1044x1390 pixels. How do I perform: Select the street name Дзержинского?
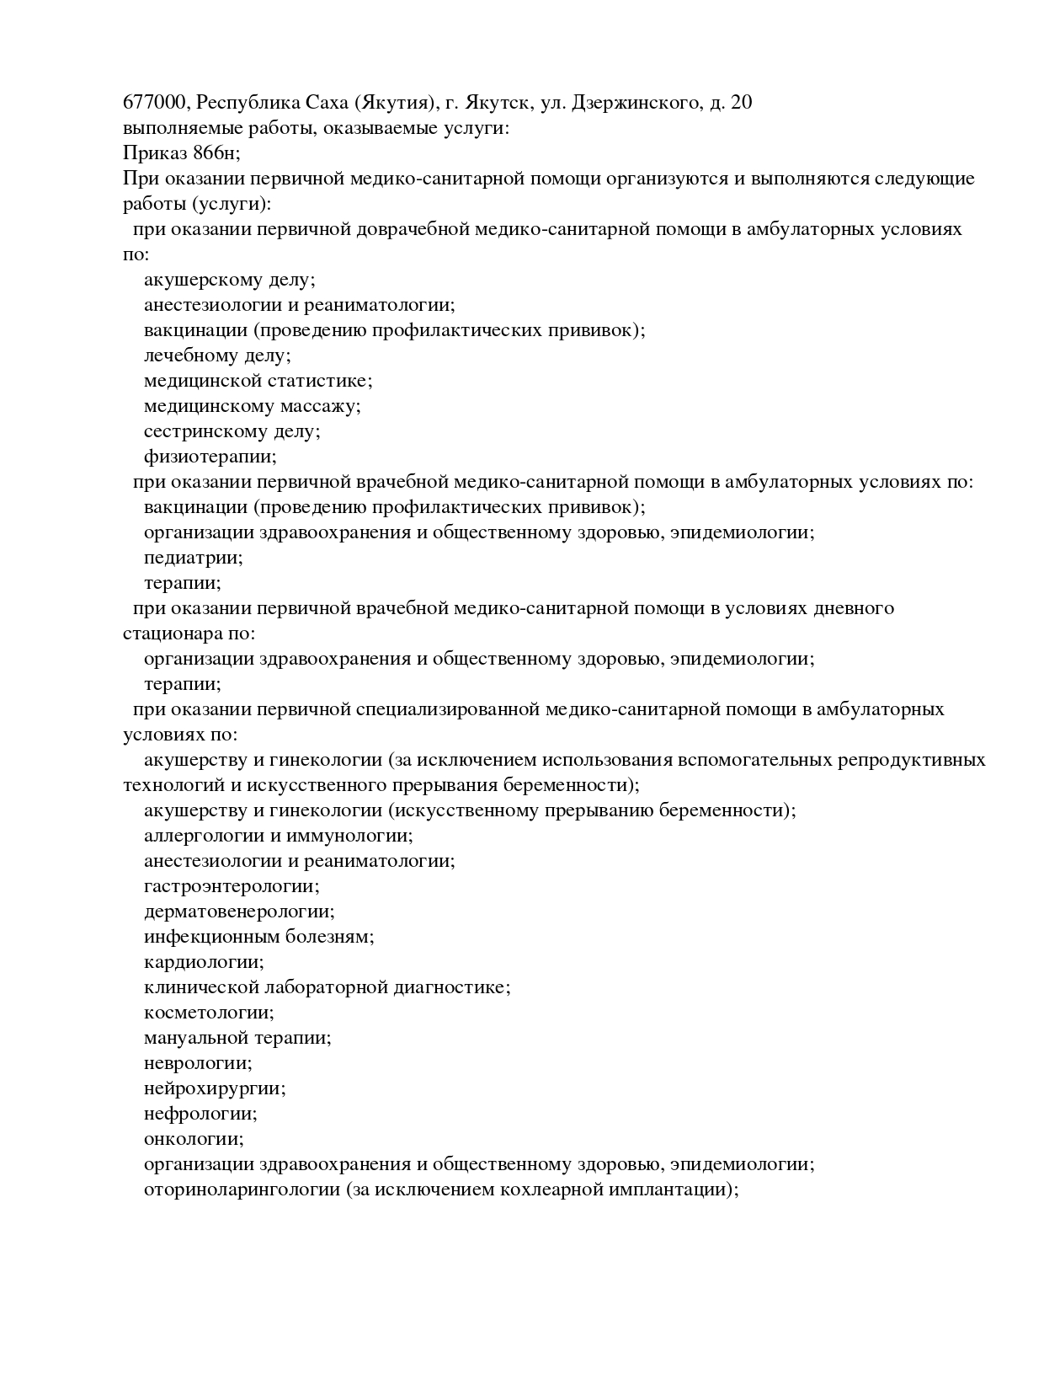tap(636, 103)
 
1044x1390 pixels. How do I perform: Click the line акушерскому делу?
tap(229, 280)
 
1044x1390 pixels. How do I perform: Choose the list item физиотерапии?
tap(210, 457)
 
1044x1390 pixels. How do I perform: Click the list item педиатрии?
tap(193, 558)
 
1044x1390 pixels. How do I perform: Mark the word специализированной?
tap(447, 709)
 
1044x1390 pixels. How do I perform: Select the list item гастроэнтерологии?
tap(232, 886)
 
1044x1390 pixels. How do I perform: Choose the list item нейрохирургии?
tap(215, 1088)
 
